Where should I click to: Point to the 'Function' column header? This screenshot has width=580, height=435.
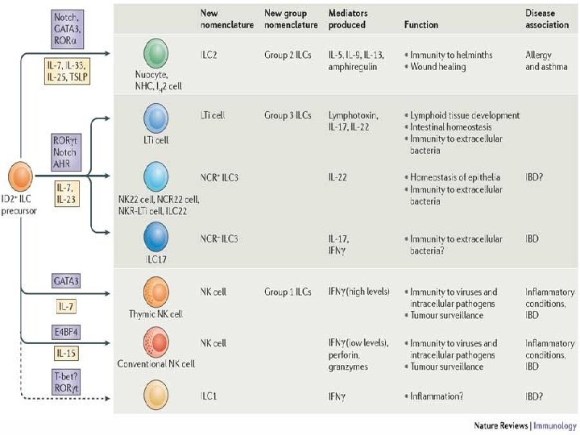pyautogui.click(x=420, y=25)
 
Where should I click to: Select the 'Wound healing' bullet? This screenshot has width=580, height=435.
pyautogui.click(x=439, y=67)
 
